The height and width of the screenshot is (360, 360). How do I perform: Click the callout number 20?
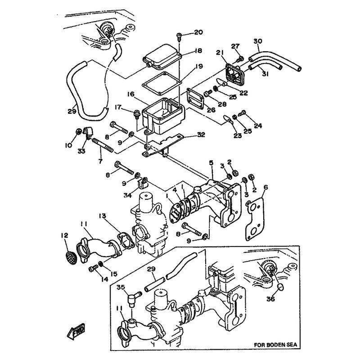pyautogui.click(x=198, y=32)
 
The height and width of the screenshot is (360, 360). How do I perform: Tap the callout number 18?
pyautogui.click(x=198, y=52)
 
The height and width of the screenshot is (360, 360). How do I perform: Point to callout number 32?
pyautogui.click(x=201, y=134)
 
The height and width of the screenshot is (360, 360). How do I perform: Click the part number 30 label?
pyautogui.click(x=257, y=41)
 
